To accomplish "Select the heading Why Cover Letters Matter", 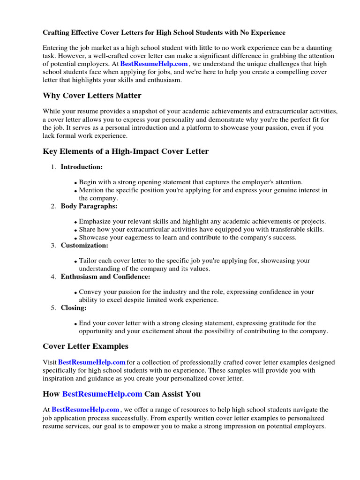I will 92,96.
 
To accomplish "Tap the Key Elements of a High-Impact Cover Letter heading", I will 126,151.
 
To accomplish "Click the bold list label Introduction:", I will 82,167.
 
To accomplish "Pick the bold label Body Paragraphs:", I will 89,206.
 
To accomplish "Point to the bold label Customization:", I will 84,245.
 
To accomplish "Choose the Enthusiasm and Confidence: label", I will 105,277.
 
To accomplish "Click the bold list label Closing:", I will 74,308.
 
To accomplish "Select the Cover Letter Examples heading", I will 85,346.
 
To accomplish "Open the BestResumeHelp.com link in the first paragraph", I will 154,64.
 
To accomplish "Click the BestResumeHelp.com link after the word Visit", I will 92,362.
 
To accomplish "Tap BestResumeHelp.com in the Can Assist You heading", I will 102,394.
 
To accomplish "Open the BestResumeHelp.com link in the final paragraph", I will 85,410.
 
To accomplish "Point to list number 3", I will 53,245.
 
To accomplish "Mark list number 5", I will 53,308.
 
